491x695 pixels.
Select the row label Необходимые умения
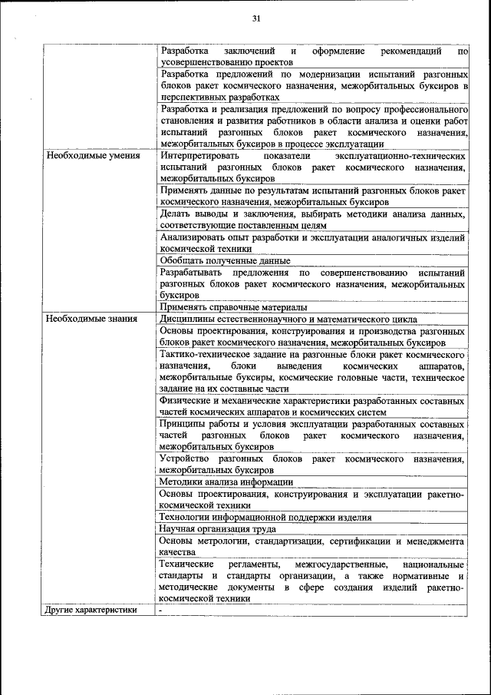point(93,155)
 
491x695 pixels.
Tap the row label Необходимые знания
point(92,319)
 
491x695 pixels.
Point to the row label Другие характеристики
point(91,611)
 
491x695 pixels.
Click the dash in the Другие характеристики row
point(161,611)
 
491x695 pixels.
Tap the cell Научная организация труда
point(217,529)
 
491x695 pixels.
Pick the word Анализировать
point(194,238)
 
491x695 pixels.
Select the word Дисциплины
point(189,319)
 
